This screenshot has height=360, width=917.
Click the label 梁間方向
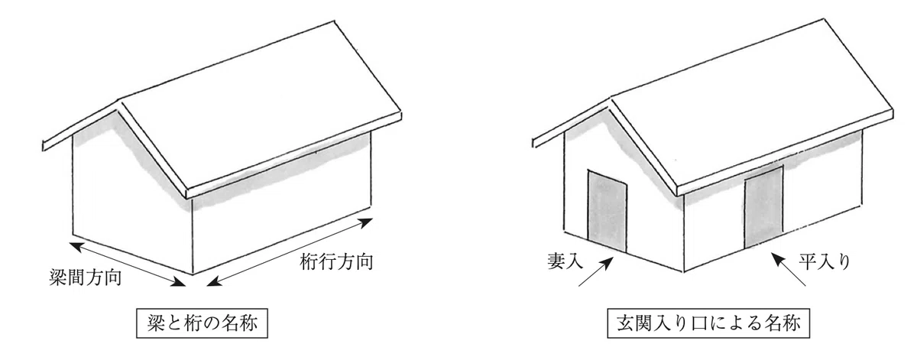tap(85, 277)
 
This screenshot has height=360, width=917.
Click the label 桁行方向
tap(336, 261)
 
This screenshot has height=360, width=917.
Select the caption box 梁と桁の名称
tap(203, 323)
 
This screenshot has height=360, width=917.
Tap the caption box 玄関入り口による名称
tap(708, 323)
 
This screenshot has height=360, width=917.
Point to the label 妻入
tap(565, 261)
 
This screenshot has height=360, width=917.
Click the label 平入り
tap(825, 261)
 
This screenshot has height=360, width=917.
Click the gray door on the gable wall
tap(607, 212)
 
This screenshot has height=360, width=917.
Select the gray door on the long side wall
tap(764, 207)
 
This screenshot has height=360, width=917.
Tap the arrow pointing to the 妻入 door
tap(595, 271)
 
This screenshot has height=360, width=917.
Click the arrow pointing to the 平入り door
tap(788, 269)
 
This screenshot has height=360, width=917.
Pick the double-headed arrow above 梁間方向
tap(128, 264)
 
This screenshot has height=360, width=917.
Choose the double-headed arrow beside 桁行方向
tap(290, 252)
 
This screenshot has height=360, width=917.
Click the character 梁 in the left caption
tap(156, 323)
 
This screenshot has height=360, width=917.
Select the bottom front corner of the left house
tap(193, 274)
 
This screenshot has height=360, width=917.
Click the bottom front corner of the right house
tap(684, 272)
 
